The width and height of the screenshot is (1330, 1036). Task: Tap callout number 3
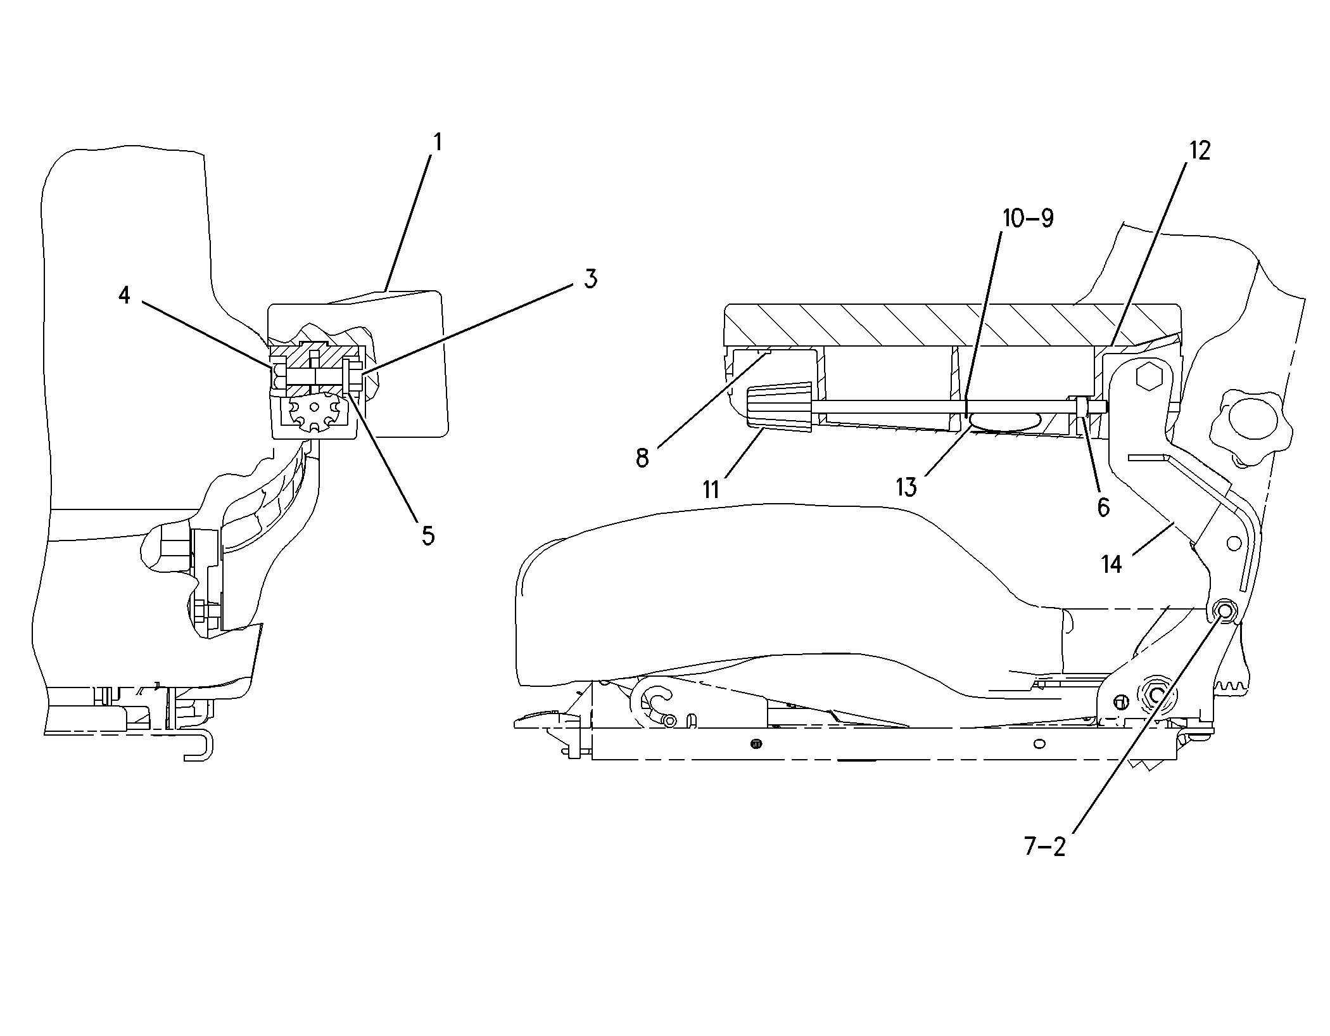(590, 279)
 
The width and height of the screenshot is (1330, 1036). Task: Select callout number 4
(124, 294)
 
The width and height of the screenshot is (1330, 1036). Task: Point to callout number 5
(429, 535)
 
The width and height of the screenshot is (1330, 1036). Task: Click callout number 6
(1103, 507)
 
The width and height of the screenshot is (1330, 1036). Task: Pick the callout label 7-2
(1046, 847)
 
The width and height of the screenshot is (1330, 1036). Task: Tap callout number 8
(643, 457)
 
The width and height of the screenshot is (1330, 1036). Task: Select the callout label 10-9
(1028, 218)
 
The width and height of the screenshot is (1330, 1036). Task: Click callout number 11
(711, 489)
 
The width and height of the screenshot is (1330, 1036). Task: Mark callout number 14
(1111, 564)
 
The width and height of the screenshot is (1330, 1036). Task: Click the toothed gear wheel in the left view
(313, 414)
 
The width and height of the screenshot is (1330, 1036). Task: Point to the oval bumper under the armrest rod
(1004, 421)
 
